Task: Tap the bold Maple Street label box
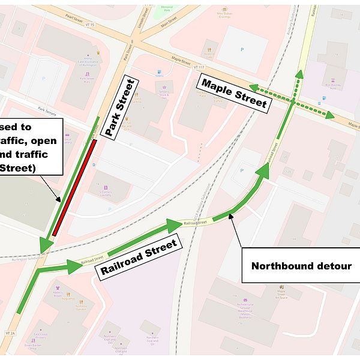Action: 234,94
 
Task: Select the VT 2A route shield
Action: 10,332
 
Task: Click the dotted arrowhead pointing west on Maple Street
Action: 254,88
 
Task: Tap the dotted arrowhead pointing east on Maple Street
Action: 329,115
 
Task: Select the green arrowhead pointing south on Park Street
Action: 45,245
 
